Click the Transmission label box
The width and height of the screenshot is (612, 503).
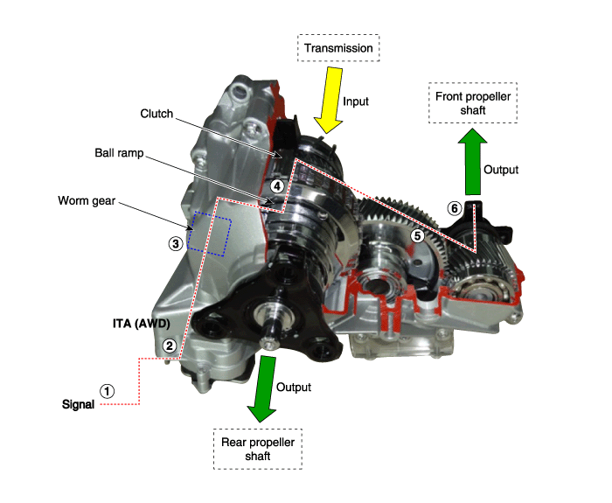click(338, 48)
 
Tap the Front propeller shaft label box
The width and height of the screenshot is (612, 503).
click(473, 103)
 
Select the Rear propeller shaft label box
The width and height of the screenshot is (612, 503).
click(258, 449)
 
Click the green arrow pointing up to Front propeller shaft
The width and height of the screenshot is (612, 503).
click(473, 161)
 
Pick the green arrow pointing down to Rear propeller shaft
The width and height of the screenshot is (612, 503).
click(262, 388)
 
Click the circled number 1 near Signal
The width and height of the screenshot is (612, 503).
click(107, 391)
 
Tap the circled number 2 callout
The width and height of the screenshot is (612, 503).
click(170, 346)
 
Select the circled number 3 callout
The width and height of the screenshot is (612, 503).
click(176, 244)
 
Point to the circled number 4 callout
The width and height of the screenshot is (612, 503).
click(277, 185)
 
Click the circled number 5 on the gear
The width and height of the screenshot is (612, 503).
click(418, 235)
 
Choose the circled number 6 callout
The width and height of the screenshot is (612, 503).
click(455, 208)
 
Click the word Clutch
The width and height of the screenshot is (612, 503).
click(156, 114)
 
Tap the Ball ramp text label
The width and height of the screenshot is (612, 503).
click(119, 153)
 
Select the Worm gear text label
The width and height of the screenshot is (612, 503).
click(87, 200)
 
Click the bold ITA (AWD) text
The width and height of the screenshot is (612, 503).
click(142, 324)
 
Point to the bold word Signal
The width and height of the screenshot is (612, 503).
click(78, 404)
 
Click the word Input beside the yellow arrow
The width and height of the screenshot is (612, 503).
click(356, 101)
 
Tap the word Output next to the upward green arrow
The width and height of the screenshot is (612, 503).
click(501, 170)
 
